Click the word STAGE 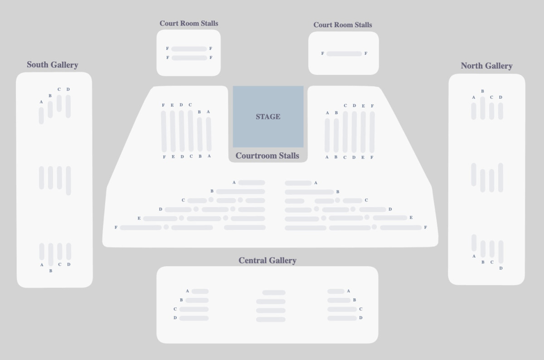coord(268,117)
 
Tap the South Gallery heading coord(53,65)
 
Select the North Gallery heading coord(486,66)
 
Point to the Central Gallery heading coord(267,260)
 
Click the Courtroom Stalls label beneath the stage coord(267,156)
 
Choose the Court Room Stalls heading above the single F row coord(343,25)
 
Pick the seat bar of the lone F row coord(344,54)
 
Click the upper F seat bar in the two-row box coord(189,49)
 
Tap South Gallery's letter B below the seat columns coord(51,271)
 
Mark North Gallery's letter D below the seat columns coord(501,268)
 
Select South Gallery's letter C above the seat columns coord(59,89)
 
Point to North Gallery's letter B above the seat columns coord(482,91)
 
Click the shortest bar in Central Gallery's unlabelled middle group coord(274,292)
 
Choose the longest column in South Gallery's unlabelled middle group coord(68,181)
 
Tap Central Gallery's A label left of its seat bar coord(187,291)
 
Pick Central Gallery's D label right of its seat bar coord(361,318)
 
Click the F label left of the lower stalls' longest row coord(116,227)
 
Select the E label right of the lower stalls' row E coord(411,218)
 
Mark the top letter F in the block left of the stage coord(163,105)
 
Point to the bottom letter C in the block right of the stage coord(345,157)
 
